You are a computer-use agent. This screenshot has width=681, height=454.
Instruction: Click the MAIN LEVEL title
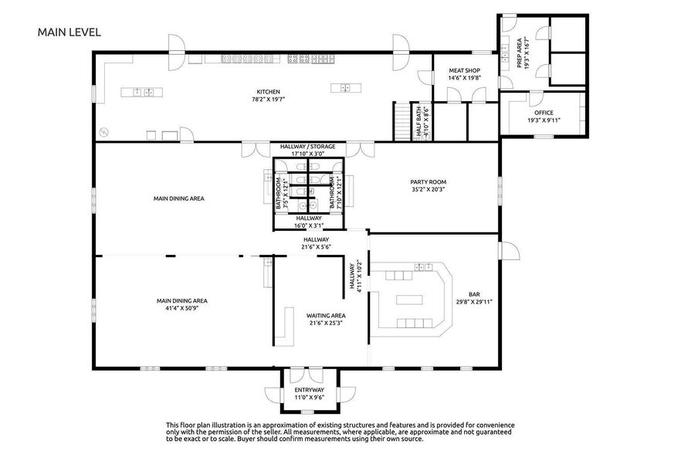coord(69,32)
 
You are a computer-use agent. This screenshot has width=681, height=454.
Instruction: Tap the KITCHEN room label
coord(269,92)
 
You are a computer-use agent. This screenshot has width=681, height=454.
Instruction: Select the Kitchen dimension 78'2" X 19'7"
coord(269,99)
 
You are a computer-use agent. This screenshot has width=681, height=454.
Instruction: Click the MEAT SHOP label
coord(464,70)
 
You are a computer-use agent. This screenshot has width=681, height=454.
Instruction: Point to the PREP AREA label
coord(519,53)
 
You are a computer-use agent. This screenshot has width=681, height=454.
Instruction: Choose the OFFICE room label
coord(544,113)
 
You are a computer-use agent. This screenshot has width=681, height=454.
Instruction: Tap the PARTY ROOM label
coord(429,182)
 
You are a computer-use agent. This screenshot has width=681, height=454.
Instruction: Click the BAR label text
coord(474,294)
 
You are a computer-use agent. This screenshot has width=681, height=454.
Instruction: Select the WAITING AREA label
coord(326,316)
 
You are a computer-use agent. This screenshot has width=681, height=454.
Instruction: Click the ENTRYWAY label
coord(309,390)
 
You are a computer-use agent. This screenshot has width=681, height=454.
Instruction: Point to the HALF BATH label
coord(419,123)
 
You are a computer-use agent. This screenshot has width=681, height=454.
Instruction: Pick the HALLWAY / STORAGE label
coord(307,147)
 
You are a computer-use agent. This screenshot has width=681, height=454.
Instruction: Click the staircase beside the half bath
coord(402,121)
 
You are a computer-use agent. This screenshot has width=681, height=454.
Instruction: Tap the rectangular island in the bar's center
coord(409,300)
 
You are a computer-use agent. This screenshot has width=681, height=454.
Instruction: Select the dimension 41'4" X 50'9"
coord(182,308)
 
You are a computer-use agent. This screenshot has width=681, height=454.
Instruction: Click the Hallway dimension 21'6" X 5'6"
coord(317,247)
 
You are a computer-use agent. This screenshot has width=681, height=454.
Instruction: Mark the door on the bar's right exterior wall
coord(509,251)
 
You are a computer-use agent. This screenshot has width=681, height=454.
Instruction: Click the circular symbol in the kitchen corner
coord(103,132)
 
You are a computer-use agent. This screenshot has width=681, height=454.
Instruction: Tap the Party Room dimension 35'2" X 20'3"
coord(429,189)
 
